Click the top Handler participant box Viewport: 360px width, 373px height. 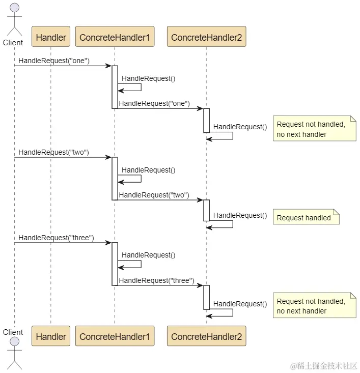pyautogui.click(x=51, y=37)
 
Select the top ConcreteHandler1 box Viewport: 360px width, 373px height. pyautogui.click(x=115, y=37)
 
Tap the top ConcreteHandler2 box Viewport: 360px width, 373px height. pyautogui.click(x=206, y=37)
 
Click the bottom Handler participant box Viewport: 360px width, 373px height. pyautogui.click(x=51, y=336)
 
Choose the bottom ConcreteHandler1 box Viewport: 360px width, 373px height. pyautogui.click(x=115, y=336)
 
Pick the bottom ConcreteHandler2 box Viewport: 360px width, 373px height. pyautogui.click(x=206, y=336)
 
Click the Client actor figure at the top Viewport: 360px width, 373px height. pyautogui.click(x=14, y=20)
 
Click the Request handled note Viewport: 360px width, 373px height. pyautogui.click(x=306, y=217)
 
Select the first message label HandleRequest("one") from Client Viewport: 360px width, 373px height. pyautogui.click(x=54, y=61)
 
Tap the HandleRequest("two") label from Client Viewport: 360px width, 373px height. pyautogui.click(x=54, y=152)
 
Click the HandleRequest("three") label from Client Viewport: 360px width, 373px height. pyautogui.click(x=57, y=238)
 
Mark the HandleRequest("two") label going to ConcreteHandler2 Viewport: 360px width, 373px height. pyautogui.click(x=154, y=195)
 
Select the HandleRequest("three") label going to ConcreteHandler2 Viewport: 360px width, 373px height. pyautogui.click(x=156, y=280)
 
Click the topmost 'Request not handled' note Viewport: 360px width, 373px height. pyautogui.click(x=314, y=129)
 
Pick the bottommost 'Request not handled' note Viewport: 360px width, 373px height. pyautogui.click(x=314, y=306)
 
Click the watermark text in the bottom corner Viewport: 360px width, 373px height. pyautogui.click(x=324, y=366)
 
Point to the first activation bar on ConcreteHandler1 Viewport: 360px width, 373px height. pyautogui.click(x=115, y=87)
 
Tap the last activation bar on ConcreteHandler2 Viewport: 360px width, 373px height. pyautogui.click(x=207, y=297)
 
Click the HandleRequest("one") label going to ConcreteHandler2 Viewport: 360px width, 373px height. pyautogui.click(x=154, y=103)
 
